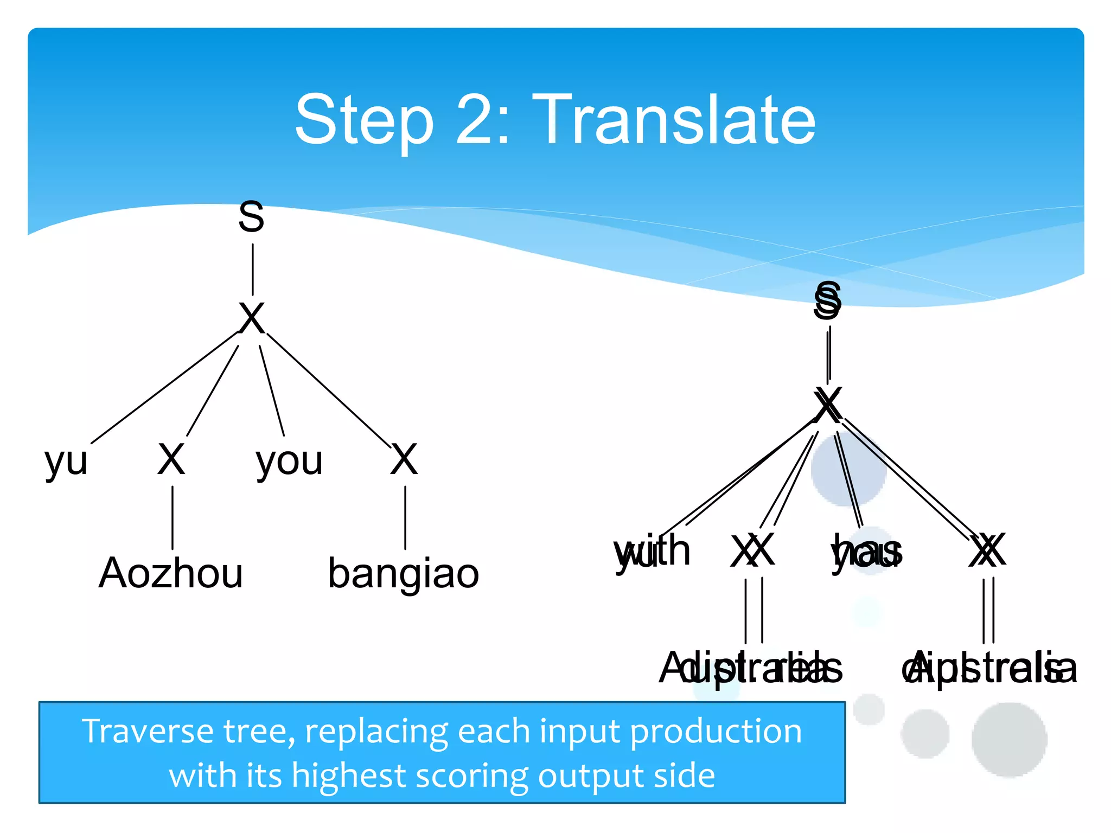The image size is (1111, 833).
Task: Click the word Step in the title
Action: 365,120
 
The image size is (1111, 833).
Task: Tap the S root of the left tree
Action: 251,217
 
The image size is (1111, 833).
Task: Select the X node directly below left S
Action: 252,319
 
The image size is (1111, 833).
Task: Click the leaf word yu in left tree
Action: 66,462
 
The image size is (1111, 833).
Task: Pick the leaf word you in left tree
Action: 289,462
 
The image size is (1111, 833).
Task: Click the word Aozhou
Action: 170,573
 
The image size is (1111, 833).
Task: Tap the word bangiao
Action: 403,573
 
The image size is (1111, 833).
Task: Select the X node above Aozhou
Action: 171,459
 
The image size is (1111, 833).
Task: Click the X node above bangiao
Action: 404,459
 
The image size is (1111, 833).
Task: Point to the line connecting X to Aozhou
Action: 173,518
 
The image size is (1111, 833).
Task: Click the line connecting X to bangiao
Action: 405,518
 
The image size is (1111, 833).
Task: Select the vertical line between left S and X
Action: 253,270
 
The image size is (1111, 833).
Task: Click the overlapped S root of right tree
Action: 827,301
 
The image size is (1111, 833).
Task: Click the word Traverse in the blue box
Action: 148,731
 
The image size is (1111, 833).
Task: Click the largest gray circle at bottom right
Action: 1009,739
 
